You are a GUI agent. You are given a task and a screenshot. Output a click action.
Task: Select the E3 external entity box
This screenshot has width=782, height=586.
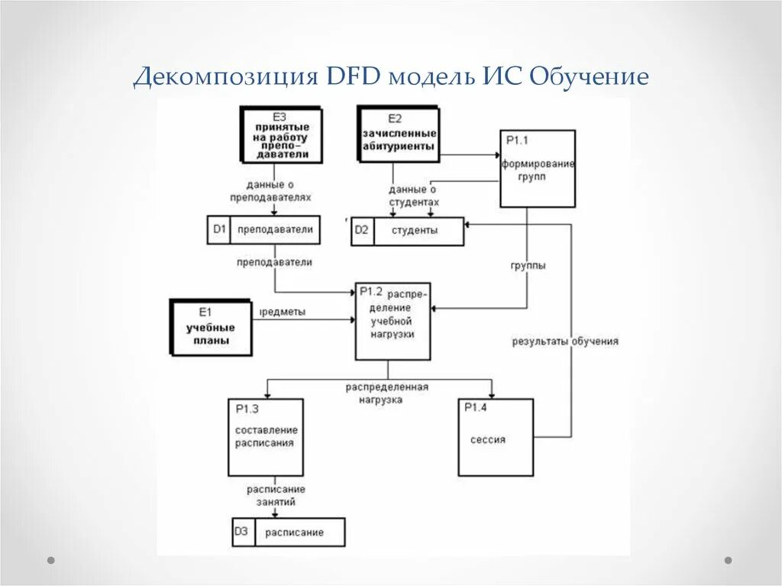281,135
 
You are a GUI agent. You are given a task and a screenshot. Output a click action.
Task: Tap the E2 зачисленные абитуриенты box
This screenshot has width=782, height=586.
399,134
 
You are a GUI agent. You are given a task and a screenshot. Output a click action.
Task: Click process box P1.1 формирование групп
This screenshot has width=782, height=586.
538,168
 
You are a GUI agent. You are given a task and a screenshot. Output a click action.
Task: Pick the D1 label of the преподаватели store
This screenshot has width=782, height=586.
219,230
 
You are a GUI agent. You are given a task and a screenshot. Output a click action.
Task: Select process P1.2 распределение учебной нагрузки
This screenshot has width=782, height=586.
393,321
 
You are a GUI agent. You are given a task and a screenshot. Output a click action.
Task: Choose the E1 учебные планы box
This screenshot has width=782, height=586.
211,328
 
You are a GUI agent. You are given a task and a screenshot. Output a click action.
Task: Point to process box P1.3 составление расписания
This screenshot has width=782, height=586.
265,436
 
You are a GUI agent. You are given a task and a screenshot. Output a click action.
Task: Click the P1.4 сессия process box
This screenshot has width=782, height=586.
495,438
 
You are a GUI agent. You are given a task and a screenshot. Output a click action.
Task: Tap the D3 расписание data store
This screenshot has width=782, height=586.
289,532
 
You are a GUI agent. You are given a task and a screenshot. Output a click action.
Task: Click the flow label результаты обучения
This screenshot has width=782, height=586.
565,342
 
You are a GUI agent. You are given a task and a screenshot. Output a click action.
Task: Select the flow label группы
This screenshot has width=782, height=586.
528,266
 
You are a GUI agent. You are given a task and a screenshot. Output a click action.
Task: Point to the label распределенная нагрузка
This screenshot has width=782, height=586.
386,393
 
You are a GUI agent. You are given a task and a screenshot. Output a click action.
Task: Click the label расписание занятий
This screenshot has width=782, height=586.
276,495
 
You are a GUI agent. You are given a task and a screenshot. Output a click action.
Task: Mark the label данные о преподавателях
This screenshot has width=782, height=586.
271,190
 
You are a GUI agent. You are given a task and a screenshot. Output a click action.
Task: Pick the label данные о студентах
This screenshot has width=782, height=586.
414,196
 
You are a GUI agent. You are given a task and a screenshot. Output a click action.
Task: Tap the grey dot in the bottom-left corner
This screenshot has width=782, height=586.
51,560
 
